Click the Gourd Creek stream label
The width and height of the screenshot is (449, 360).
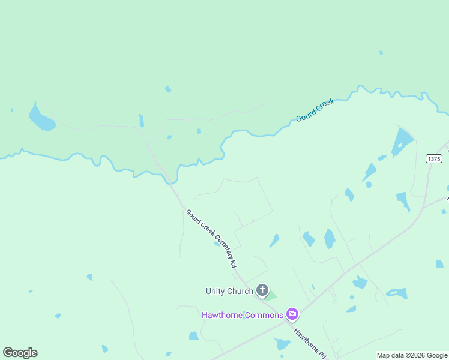point(315,111)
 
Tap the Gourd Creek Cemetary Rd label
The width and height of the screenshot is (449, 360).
point(211,238)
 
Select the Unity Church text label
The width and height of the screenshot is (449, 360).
point(229,292)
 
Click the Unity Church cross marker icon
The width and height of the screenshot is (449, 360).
point(262,290)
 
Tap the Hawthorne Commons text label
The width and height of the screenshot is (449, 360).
point(243,315)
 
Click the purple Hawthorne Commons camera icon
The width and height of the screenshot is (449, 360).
point(292,313)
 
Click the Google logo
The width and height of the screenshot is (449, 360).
point(20,353)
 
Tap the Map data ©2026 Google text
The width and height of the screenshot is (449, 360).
point(412,355)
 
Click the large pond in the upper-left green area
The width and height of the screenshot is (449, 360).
point(41,119)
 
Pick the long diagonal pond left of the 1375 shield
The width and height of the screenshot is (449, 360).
point(402,142)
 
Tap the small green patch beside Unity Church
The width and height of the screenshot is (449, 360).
point(271,295)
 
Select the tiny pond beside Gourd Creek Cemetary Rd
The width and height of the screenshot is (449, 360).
point(217,244)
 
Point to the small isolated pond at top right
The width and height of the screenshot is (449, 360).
point(381,53)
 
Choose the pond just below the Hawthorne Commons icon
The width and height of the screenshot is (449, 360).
point(282,344)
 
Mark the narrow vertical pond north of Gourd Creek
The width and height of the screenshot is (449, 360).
point(142,121)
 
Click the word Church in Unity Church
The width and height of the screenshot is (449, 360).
point(240,292)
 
